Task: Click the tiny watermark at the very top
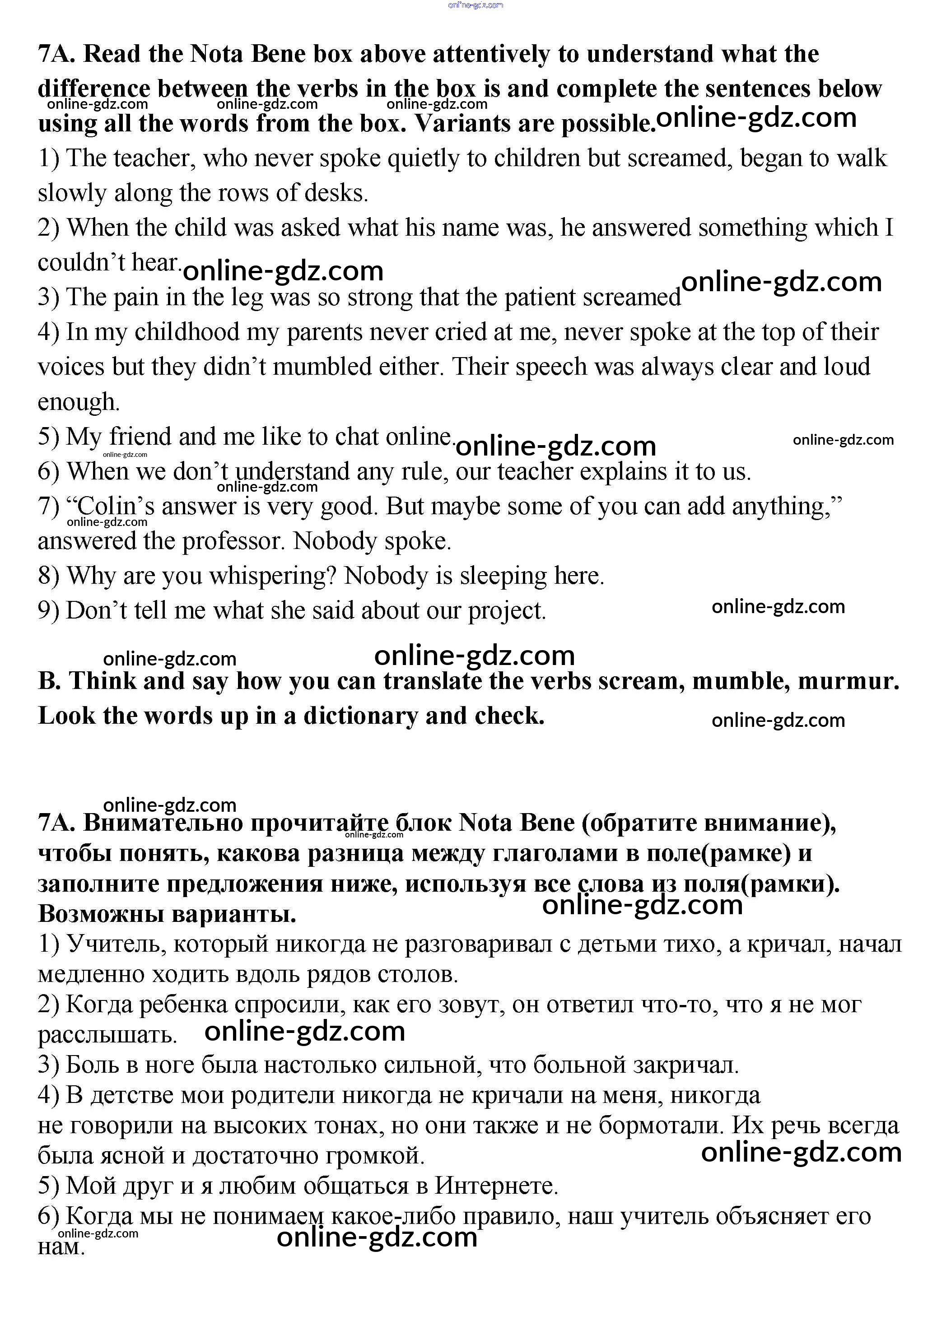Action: (x=475, y=5)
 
